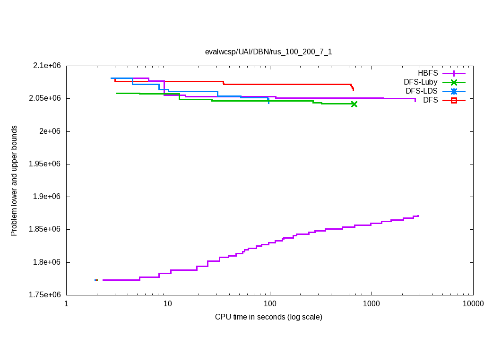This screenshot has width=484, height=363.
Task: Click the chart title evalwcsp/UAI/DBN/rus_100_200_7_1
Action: coord(268,52)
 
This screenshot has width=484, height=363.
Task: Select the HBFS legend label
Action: coord(428,73)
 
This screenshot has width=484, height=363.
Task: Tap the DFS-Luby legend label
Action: coord(420,82)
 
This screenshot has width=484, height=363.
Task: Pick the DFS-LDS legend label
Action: coord(422,91)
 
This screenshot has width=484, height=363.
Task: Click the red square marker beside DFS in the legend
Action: coord(454,100)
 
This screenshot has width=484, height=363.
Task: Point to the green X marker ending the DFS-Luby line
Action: coord(354,104)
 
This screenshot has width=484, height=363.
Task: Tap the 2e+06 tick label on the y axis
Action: coord(51,131)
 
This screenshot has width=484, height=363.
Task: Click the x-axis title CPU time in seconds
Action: coord(268,317)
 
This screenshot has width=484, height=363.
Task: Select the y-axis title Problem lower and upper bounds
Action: coord(14,181)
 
